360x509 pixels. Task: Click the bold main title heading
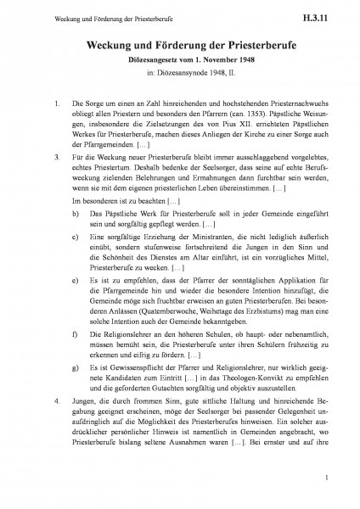point(180,46)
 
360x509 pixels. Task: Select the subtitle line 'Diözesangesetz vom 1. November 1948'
point(180,62)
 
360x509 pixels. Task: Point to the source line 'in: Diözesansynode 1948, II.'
point(180,75)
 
